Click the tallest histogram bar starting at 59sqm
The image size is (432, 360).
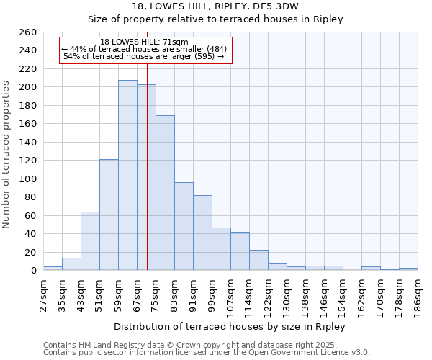coord(127,176)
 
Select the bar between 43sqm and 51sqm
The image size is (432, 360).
coord(90,241)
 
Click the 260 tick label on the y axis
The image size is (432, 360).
coord(27,32)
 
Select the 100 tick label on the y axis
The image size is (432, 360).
coord(27,179)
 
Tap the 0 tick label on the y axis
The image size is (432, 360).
coord(33,271)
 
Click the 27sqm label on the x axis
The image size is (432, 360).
coord(43,294)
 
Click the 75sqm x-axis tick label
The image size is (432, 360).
coord(156,294)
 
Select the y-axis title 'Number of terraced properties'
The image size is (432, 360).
coord(7,155)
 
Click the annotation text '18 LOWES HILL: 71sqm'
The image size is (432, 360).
coord(145,42)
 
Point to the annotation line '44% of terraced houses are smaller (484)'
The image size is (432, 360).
coord(144,49)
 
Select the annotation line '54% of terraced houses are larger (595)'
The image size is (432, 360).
coord(144,56)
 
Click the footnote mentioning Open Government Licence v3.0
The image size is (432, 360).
coord(207,353)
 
